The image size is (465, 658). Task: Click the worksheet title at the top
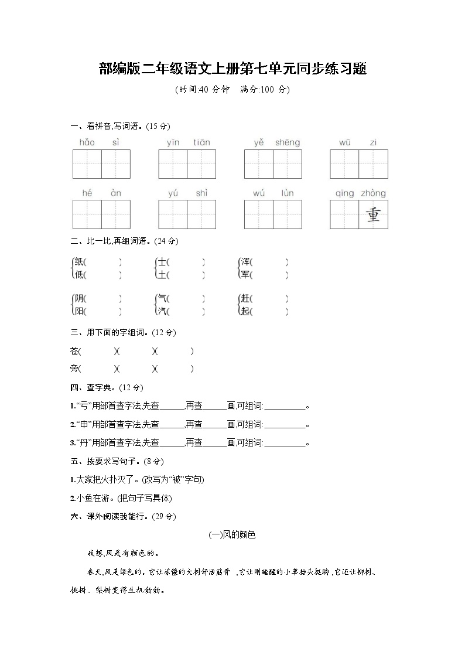(232, 69)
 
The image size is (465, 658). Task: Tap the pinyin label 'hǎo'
(87, 142)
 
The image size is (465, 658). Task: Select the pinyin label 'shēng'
(288, 142)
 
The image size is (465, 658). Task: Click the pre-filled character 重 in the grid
(374, 214)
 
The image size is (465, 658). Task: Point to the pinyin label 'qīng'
(345, 193)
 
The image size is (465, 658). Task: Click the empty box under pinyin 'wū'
(344, 164)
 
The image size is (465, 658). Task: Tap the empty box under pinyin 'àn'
(116, 214)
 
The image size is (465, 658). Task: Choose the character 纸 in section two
(80, 262)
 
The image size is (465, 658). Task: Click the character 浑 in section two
(245, 262)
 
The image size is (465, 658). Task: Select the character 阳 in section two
(80, 311)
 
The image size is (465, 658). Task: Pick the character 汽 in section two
(162, 311)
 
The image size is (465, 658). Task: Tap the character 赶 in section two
(245, 299)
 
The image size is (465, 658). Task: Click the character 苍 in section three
(74, 351)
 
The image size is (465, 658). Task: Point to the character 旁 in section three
(74, 369)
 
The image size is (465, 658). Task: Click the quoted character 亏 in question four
(78, 405)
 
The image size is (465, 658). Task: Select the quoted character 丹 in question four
(78, 443)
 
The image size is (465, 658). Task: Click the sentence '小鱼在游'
(88, 498)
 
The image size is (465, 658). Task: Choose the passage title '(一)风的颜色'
(232, 534)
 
